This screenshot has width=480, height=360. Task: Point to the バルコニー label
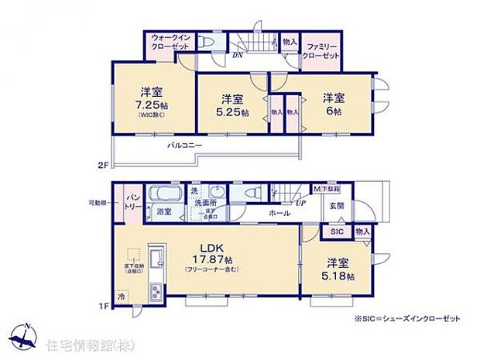point(183,145)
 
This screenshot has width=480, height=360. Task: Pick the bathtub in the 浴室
point(164,194)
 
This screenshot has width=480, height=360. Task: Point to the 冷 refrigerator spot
point(121,295)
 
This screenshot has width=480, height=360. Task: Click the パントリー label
point(132,204)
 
